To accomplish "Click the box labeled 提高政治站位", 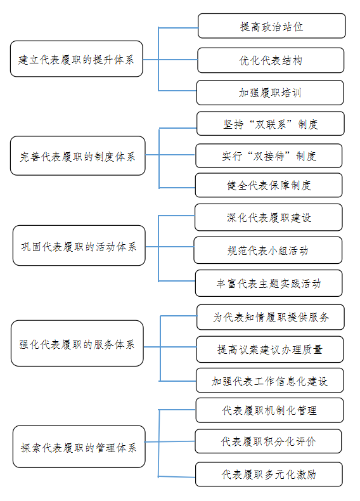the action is click(271, 26).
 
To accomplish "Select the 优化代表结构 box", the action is click(271, 60).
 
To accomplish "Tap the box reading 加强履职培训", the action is click(270, 93).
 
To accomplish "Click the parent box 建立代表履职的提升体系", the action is click(76, 59).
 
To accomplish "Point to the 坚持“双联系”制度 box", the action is click(271, 124).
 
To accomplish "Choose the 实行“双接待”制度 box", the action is click(269, 155).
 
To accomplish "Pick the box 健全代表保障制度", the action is click(269, 185).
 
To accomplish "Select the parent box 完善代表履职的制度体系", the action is click(77, 155).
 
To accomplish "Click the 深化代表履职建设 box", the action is click(269, 218).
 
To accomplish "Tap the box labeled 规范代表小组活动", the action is click(267, 250).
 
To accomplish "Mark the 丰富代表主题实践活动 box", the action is click(269, 283).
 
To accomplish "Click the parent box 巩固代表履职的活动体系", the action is click(79, 245).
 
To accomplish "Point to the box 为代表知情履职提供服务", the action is click(271, 317).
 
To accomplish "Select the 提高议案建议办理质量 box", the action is click(270, 349).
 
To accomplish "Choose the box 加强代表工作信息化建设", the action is click(270, 381).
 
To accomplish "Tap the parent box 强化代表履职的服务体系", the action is click(77, 343).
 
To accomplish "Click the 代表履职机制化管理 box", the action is click(269, 410).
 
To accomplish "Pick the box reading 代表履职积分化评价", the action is click(268, 441).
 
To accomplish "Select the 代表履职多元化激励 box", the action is click(269, 474).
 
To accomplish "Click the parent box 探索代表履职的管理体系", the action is click(79, 446).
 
